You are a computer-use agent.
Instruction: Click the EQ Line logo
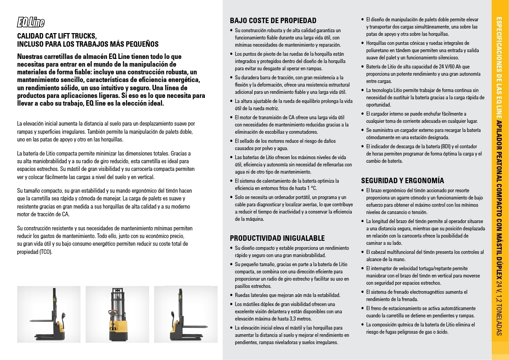point(30,22)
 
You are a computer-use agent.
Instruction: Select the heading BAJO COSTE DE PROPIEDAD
point(273,20)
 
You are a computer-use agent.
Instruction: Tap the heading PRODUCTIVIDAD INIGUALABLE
point(277,238)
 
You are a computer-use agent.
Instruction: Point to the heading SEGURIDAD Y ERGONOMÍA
point(402,180)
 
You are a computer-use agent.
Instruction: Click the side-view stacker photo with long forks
point(48,314)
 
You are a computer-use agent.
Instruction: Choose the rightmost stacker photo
point(185,314)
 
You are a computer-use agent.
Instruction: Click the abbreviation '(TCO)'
point(46,252)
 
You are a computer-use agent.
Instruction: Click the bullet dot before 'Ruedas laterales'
point(232,296)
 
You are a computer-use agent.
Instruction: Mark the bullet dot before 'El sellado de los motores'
point(232,141)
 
